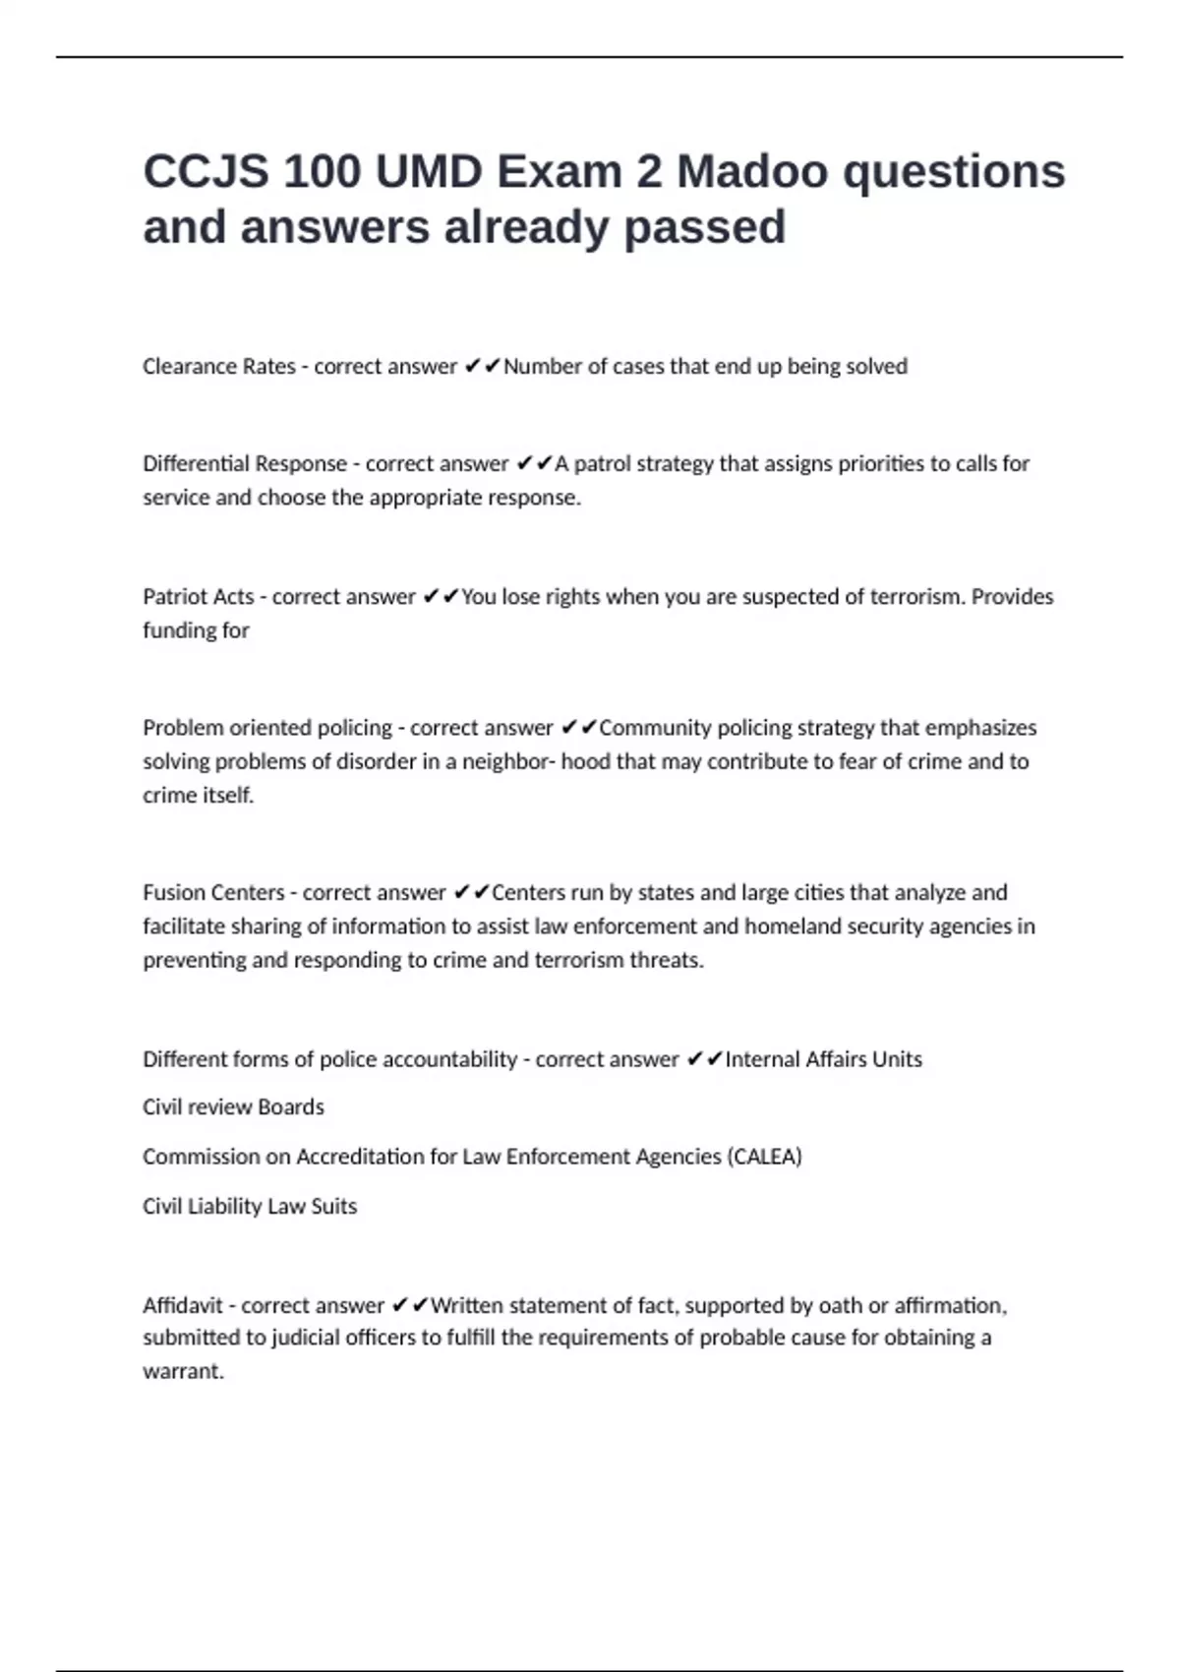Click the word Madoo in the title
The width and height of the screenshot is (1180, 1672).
[x=752, y=172]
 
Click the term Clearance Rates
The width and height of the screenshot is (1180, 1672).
[x=218, y=367]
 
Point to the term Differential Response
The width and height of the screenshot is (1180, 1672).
[x=245, y=463]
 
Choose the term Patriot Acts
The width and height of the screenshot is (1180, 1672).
[x=198, y=597]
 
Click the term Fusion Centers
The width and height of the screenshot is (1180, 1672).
[x=213, y=893]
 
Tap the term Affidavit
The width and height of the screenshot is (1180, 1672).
[x=183, y=1306]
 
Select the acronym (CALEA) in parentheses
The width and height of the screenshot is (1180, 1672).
[x=764, y=1157]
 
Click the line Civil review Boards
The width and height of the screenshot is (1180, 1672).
[x=233, y=1107]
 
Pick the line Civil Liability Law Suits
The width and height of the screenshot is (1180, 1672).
[x=250, y=1207]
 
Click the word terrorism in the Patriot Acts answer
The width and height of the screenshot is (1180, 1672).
[x=914, y=597]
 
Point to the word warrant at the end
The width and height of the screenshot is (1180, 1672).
[x=182, y=1372]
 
